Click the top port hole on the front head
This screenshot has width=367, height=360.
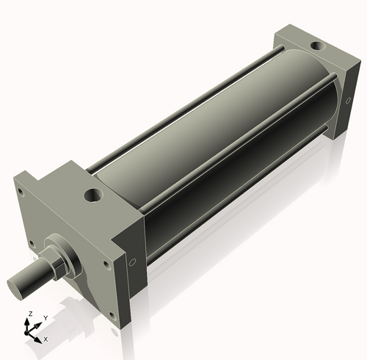click(x=92, y=195)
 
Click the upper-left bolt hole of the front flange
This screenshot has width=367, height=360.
click(x=23, y=193)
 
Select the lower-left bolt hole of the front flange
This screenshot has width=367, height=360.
click(x=30, y=242)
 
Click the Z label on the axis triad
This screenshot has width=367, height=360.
click(x=29, y=314)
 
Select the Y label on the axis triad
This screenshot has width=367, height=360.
click(x=46, y=317)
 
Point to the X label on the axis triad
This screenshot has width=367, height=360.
click(x=46, y=339)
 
